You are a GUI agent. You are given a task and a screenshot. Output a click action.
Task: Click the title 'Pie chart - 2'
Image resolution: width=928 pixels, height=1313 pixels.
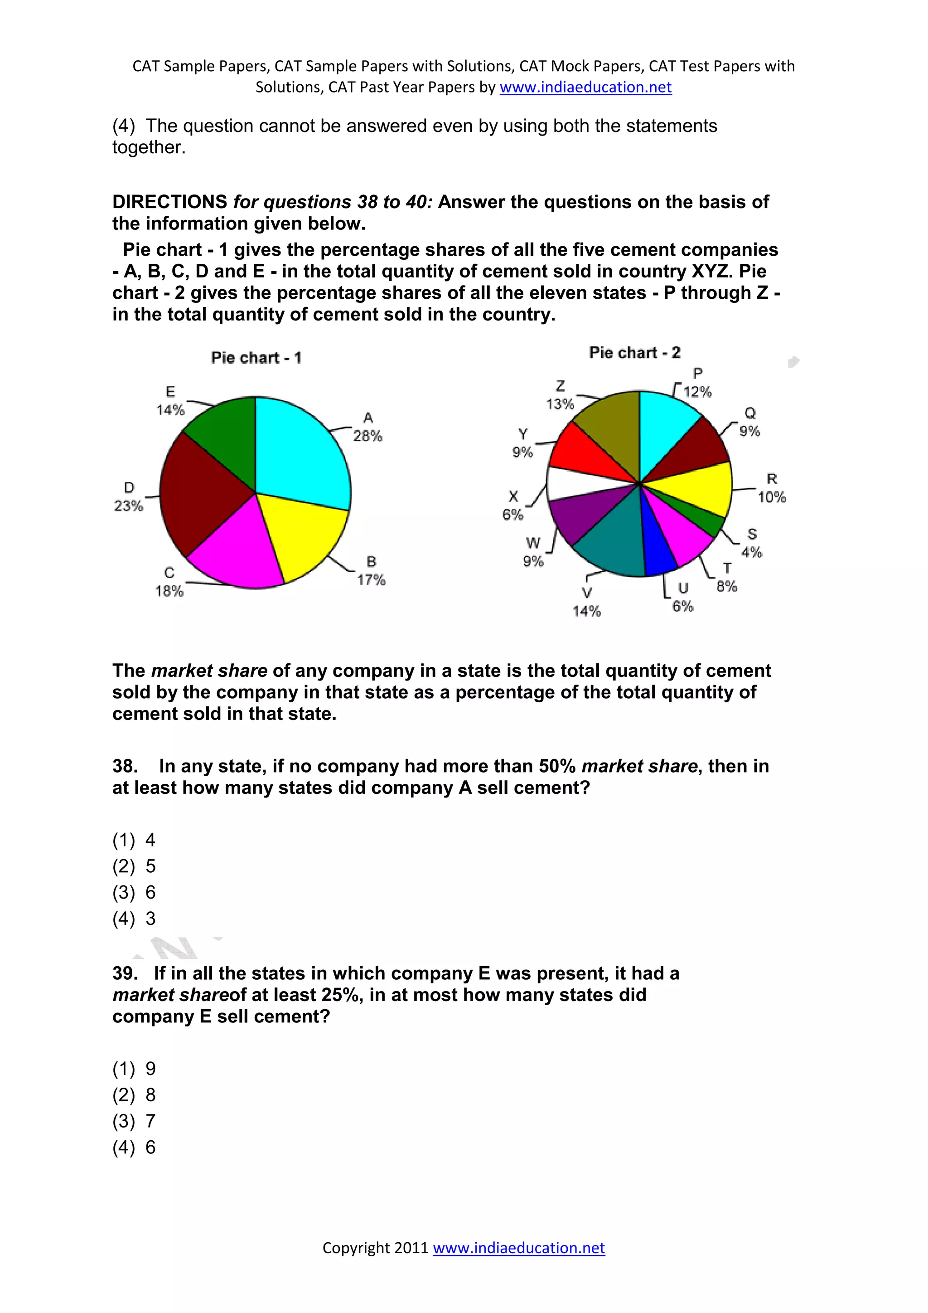[634, 352]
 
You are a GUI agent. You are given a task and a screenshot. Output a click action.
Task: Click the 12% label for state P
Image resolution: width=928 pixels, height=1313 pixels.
[697, 392]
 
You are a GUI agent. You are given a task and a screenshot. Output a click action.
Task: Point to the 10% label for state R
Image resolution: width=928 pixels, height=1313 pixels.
[771, 497]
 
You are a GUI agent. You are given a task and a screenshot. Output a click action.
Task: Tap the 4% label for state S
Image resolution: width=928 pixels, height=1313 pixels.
[751, 552]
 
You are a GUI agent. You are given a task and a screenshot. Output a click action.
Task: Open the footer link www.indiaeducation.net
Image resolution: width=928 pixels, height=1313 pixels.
[518, 1248]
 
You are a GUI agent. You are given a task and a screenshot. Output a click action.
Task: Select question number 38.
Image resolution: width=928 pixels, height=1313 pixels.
[125, 766]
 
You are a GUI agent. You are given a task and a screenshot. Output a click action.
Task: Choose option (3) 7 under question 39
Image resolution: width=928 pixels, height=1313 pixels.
[134, 1121]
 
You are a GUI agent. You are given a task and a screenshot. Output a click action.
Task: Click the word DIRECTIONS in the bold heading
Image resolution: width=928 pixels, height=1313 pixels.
[170, 202]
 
